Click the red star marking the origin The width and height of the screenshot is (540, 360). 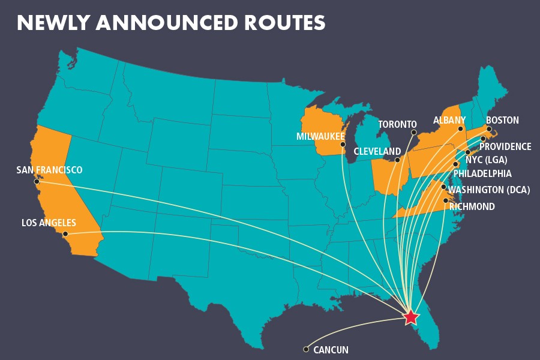click(x=410, y=317)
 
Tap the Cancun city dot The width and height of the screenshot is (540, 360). click(x=306, y=349)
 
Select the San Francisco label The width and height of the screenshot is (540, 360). click(x=49, y=170)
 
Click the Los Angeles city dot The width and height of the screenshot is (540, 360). click(x=65, y=234)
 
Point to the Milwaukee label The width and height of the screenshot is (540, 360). click(x=316, y=137)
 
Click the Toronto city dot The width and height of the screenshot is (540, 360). click(x=413, y=132)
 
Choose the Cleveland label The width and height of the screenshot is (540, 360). click(x=377, y=151)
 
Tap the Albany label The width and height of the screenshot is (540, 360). click(x=449, y=121)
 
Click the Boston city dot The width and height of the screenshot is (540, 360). click(x=489, y=129)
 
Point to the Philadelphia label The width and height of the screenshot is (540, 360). click(x=482, y=174)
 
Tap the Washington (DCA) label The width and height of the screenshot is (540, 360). click(x=489, y=190)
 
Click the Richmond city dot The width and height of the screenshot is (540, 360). click(x=445, y=200)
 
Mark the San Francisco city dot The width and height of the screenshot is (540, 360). click(x=37, y=181)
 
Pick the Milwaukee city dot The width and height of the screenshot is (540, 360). click(x=343, y=145)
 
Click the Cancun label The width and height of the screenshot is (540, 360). click(x=331, y=350)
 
